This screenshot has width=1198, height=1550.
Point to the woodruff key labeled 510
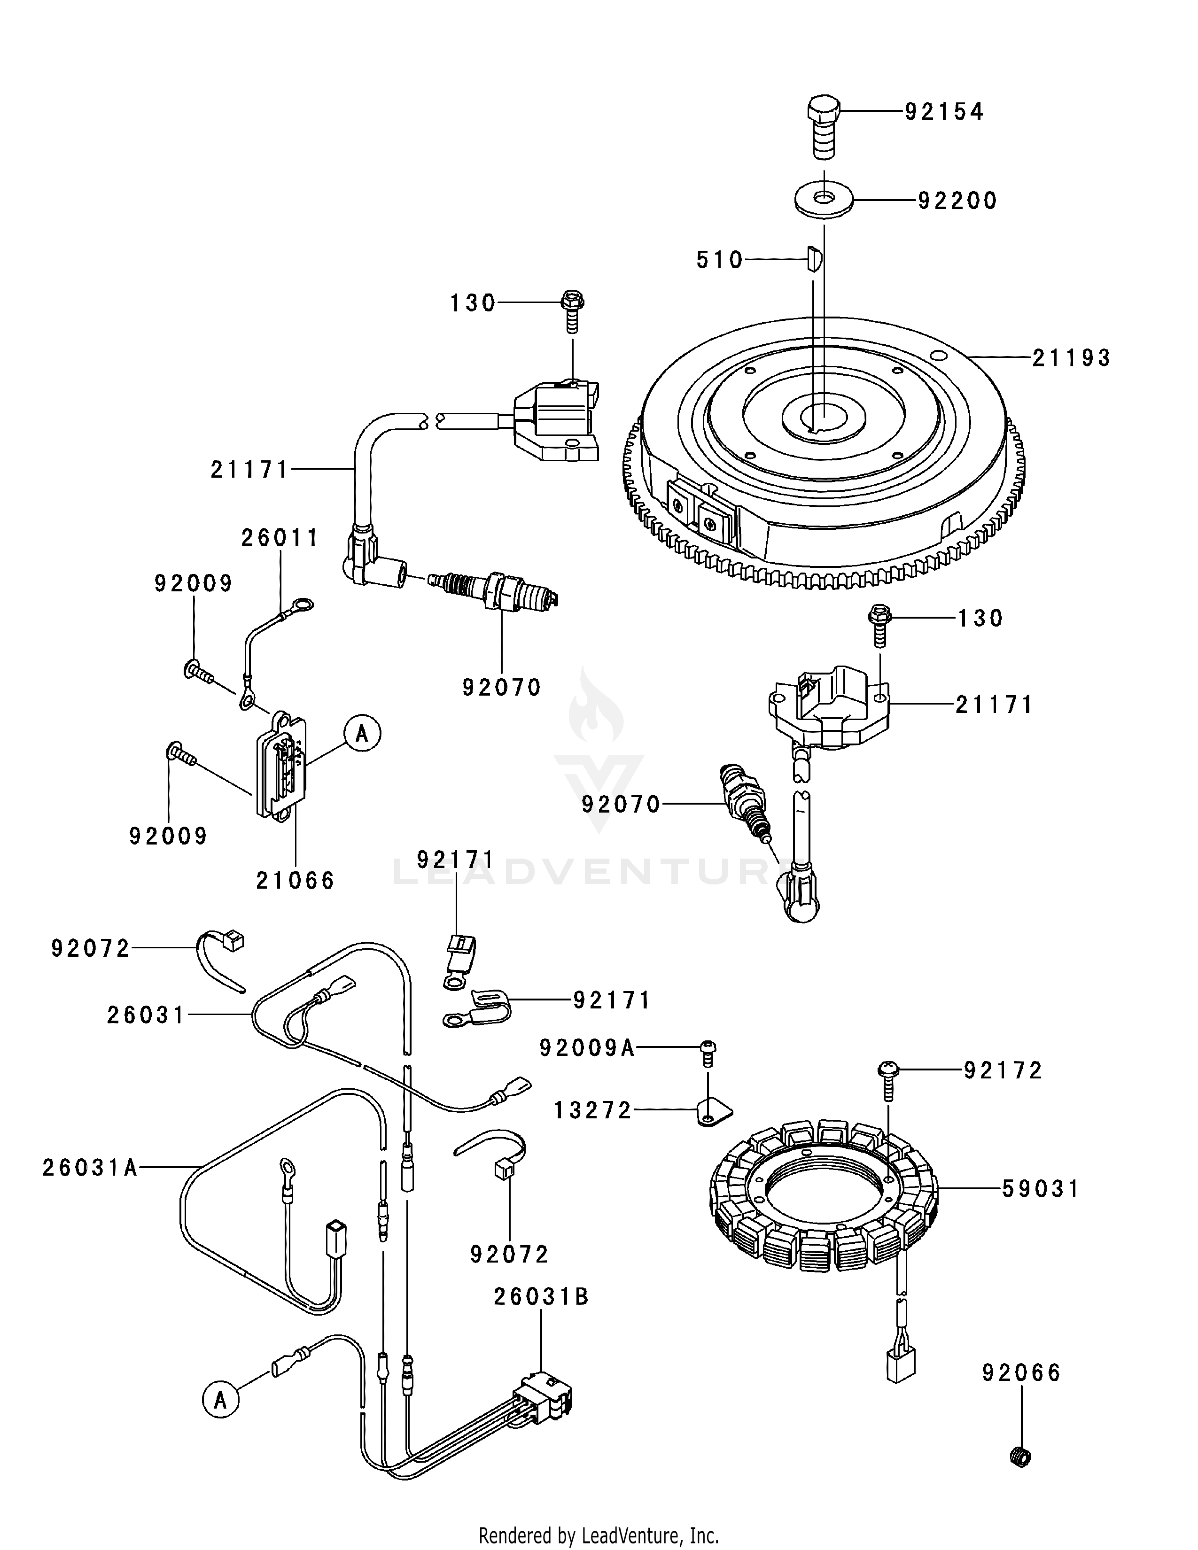tap(813, 259)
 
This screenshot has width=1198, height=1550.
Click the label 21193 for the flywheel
tap(1071, 358)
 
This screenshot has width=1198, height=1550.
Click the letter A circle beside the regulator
tap(362, 733)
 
